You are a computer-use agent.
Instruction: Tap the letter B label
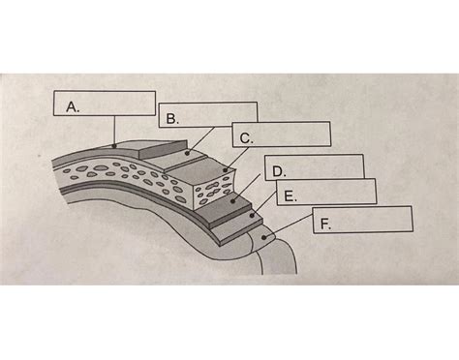click(x=171, y=119)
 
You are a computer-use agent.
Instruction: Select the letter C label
click(x=246, y=138)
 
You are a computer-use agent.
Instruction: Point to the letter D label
click(x=278, y=171)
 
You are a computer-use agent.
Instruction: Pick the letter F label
click(x=326, y=223)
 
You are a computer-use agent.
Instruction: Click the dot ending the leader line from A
click(x=114, y=145)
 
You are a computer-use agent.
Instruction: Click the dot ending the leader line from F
click(x=263, y=235)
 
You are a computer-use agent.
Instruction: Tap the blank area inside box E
click(x=334, y=191)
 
